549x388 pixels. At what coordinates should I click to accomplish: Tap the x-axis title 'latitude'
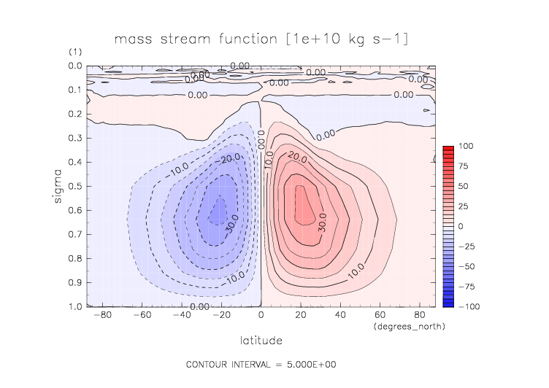(x=261, y=341)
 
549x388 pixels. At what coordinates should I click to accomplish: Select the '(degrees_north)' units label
(x=408, y=326)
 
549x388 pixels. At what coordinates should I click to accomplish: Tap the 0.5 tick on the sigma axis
(x=75, y=186)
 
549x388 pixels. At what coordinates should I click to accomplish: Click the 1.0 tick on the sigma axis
(x=75, y=306)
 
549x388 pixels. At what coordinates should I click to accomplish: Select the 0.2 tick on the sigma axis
(x=75, y=115)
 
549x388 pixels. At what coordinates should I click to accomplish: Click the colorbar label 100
(x=467, y=147)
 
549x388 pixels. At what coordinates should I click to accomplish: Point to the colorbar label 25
(x=464, y=206)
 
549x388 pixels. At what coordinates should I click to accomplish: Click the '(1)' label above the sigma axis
(x=75, y=53)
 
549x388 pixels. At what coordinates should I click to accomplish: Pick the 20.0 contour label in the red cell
(x=296, y=155)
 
